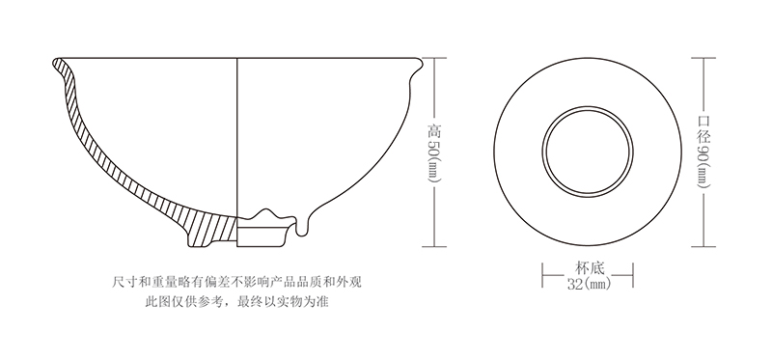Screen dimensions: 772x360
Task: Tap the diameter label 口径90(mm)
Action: tap(703, 147)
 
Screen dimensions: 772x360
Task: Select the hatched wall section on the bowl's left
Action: tap(96, 145)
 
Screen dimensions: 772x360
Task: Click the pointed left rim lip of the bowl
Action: tap(55, 65)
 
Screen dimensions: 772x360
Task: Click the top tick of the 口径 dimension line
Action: tap(703, 58)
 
